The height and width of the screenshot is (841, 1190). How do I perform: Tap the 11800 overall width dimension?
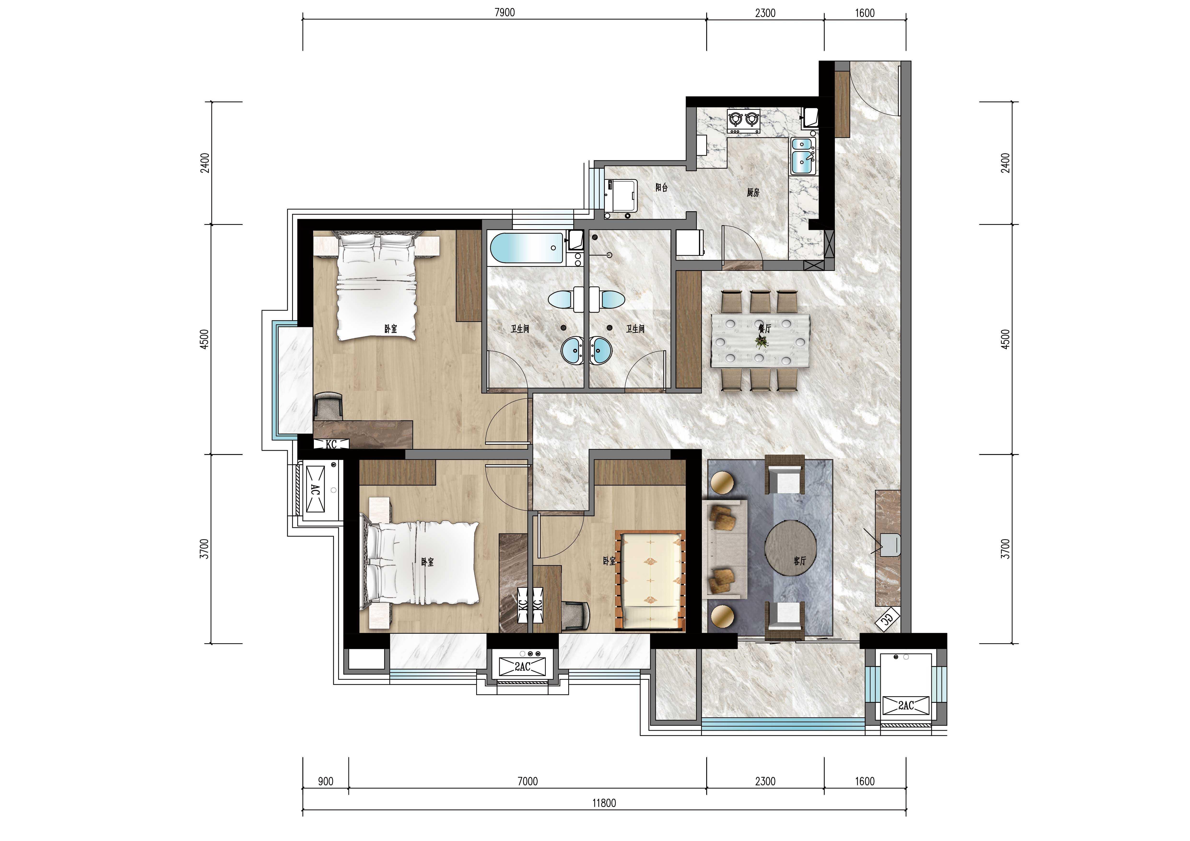(604, 803)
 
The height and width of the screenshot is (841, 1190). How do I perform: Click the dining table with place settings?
(760, 340)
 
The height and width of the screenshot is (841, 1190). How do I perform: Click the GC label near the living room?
(887, 620)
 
